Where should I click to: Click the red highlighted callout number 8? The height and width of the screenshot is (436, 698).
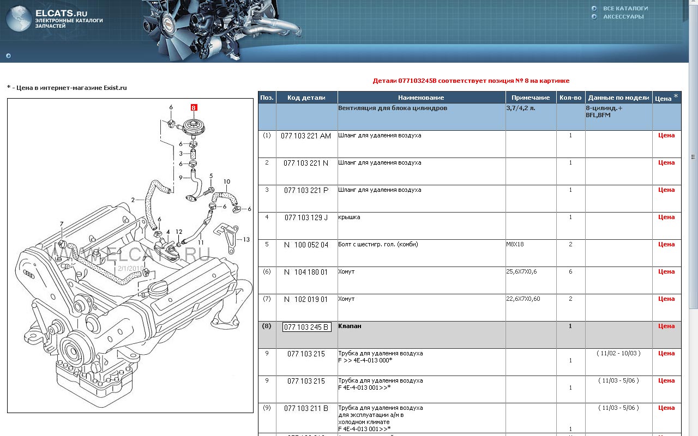click(x=194, y=108)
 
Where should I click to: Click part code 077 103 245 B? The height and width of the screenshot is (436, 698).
click(x=306, y=327)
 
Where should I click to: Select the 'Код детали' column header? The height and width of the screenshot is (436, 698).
click(x=306, y=98)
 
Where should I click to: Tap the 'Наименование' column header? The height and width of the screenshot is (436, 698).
click(x=421, y=98)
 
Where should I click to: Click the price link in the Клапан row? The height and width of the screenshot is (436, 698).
click(x=666, y=326)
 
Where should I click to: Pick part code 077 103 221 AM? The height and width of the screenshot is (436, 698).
click(x=306, y=136)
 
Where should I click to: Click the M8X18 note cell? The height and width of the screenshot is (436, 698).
click(x=515, y=244)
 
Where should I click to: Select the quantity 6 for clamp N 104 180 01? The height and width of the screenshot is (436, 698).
click(x=570, y=271)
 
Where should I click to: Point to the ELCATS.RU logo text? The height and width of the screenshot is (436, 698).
click(x=62, y=14)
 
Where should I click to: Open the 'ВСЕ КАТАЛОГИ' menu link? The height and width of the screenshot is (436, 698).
click(x=625, y=8)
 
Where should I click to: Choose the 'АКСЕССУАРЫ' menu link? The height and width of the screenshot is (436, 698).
click(x=623, y=16)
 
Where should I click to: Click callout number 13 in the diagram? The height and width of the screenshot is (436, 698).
click(x=246, y=239)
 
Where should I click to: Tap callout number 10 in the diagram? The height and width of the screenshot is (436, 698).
click(x=227, y=181)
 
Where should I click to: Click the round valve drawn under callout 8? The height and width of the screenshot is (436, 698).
click(x=194, y=128)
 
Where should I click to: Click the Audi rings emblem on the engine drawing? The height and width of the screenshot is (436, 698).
click(x=29, y=274)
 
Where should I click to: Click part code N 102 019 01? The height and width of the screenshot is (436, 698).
click(x=306, y=299)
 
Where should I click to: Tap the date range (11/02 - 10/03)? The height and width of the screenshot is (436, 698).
click(x=618, y=353)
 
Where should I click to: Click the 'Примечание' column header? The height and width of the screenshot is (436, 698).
click(x=531, y=98)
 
